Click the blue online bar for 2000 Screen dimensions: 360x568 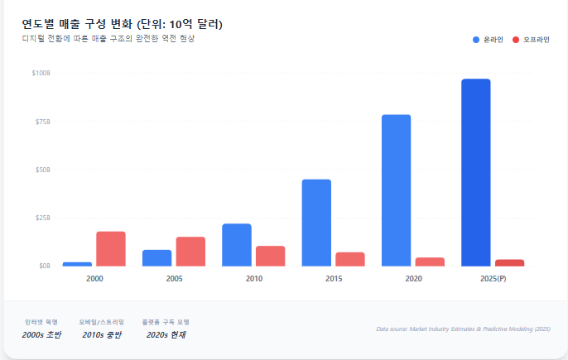[77, 264]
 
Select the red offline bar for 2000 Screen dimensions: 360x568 [111, 249]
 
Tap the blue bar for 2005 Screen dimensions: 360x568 [157, 257]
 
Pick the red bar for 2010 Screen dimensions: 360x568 [270, 256]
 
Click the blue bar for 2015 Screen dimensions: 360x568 [316, 223]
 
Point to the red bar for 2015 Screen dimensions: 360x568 [350, 259]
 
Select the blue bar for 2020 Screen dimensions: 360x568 [396, 190]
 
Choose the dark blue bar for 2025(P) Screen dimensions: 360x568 [476, 172]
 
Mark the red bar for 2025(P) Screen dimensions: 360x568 [509, 262]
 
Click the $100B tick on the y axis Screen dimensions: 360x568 [41, 73]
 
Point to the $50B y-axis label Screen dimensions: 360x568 [42, 170]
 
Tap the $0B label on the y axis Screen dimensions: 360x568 [44, 266]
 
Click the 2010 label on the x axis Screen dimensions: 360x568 [254, 280]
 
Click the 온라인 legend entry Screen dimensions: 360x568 [489, 40]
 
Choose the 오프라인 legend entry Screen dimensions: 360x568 [531, 40]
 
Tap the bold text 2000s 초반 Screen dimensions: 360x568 [41, 334]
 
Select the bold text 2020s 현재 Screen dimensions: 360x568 [165, 334]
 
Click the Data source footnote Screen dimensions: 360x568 [463, 329]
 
